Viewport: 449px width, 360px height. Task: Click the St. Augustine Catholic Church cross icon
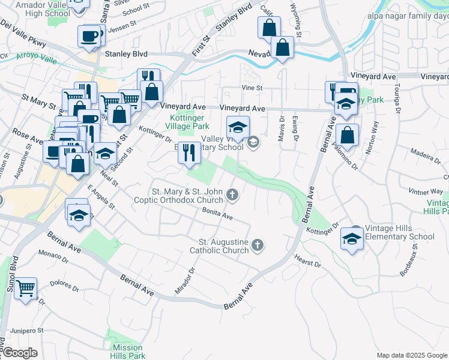click(258, 244)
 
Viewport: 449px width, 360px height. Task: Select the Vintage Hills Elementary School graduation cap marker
click(352, 238)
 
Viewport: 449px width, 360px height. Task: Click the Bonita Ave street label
click(217, 214)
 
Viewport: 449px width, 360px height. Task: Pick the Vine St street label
click(252, 88)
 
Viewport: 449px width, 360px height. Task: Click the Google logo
click(19, 353)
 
